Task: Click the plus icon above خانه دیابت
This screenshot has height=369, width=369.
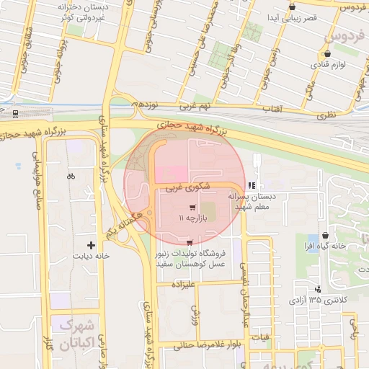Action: click(x=91, y=245)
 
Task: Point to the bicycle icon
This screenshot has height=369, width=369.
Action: click(x=71, y=176)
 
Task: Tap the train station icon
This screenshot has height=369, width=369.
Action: click(x=15, y=114)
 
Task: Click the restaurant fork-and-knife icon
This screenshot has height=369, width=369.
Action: click(x=251, y=185)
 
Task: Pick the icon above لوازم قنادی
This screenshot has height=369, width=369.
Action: click(x=327, y=54)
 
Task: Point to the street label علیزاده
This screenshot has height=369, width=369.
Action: click(x=185, y=285)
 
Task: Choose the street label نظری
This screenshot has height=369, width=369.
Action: click(x=327, y=113)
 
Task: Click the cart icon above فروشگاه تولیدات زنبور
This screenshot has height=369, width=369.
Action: click(x=190, y=242)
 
